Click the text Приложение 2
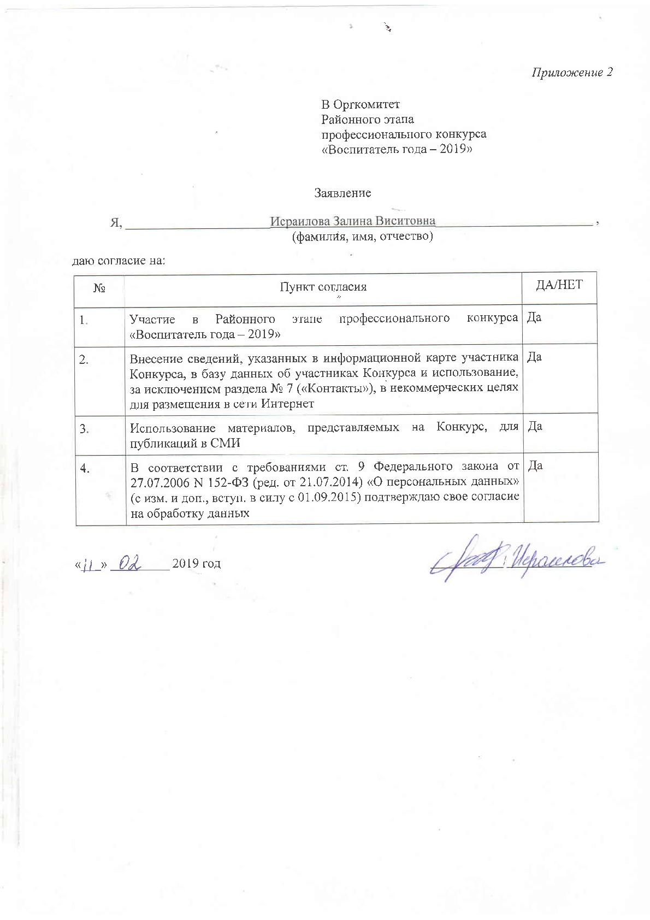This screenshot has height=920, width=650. click(572, 73)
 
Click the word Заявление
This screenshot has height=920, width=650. click(342, 193)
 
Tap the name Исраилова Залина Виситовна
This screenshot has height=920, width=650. click(353, 221)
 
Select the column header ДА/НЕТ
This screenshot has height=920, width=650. click(559, 284)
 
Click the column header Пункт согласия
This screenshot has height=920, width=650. click(323, 287)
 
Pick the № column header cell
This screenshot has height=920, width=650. click(99, 287)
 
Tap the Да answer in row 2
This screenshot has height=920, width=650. click(534, 357)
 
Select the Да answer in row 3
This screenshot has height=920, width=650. click(534, 426)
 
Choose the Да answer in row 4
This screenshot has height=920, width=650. click(534, 465)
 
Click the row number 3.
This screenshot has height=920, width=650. click(85, 429)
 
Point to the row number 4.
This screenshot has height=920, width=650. click(85, 468)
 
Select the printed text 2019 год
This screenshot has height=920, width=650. click(196, 563)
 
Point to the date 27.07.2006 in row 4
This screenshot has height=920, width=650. click(157, 482)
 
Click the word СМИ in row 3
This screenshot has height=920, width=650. click(226, 443)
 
